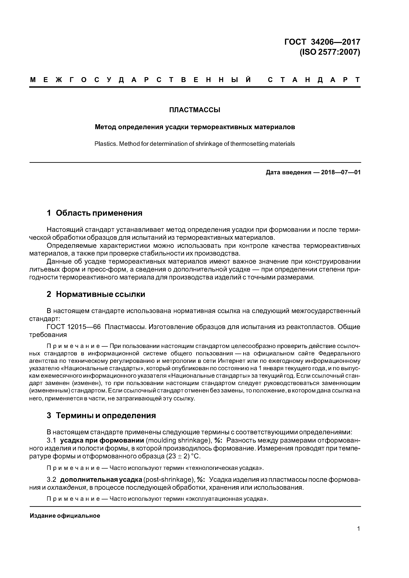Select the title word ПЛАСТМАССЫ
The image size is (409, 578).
(x=195, y=110)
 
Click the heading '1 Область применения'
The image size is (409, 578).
(x=94, y=213)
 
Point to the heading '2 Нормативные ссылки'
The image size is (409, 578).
(x=96, y=294)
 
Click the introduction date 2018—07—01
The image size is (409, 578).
(x=341, y=173)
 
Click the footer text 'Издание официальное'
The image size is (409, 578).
(x=65, y=516)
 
